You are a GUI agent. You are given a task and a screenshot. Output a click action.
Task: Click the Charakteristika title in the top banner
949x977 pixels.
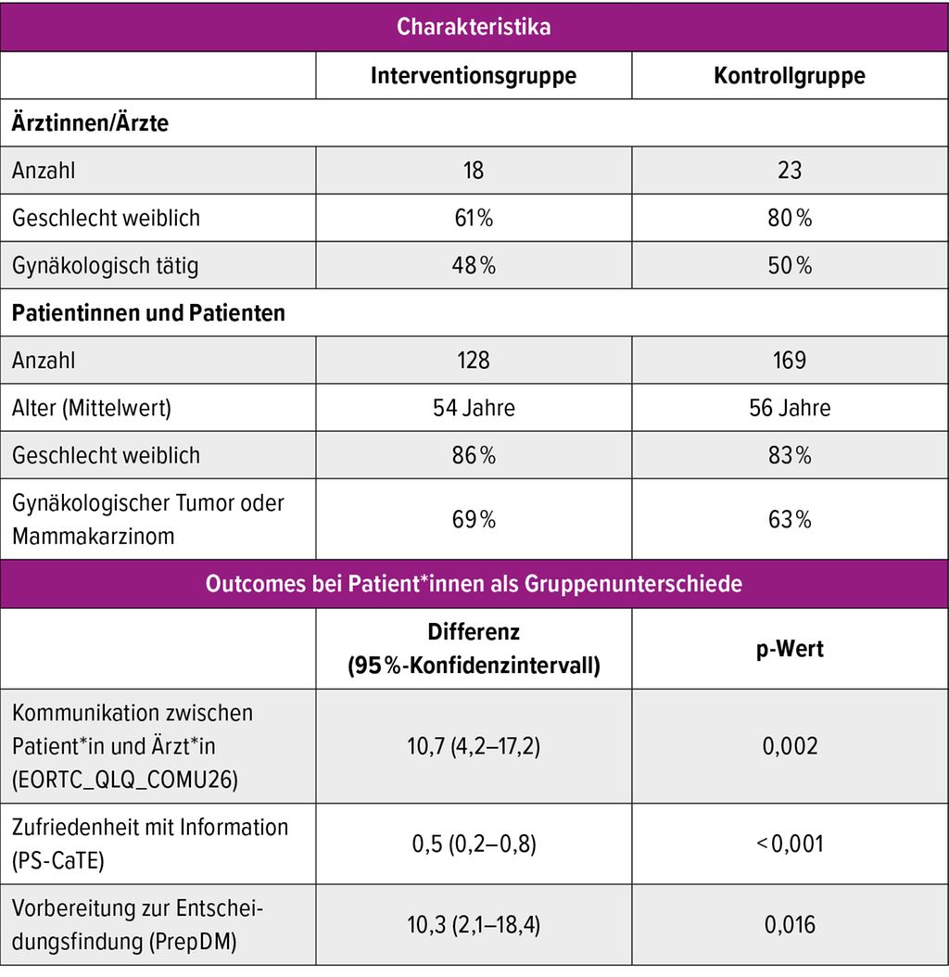click(x=474, y=27)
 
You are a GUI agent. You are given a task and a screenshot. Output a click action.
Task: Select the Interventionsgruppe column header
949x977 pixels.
click(x=474, y=75)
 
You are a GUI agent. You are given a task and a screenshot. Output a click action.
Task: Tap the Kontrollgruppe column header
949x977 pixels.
click(x=790, y=75)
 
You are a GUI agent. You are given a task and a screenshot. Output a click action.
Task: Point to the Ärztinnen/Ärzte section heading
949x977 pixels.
click(x=90, y=122)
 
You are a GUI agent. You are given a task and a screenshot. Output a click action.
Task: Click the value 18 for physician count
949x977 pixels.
click(x=474, y=171)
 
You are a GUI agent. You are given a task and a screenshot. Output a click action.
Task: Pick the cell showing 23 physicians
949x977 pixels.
click(x=790, y=171)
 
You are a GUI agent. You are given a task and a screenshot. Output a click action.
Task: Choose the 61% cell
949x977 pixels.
click(x=474, y=218)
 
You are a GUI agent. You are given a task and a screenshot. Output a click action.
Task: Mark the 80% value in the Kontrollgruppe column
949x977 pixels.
click(x=790, y=218)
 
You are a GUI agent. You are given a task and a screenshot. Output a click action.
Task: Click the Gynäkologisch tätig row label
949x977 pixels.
click(x=106, y=266)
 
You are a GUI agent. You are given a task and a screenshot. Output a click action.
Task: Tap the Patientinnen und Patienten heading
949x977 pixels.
click(x=148, y=312)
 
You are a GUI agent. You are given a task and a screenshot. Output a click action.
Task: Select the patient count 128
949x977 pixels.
click(x=474, y=361)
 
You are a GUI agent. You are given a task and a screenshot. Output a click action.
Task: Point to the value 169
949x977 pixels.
click(x=790, y=361)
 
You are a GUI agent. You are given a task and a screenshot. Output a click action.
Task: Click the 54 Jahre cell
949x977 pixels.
click(x=474, y=408)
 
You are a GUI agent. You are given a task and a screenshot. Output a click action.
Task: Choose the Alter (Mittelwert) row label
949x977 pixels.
click(x=92, y=408)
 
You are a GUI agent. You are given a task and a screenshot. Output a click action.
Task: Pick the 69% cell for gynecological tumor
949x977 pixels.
click(x=474, y=520)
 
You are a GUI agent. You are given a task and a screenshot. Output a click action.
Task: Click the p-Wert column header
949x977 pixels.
click(x=790, y=649)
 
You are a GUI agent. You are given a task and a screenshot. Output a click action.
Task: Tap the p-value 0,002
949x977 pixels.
click(x=790, y=746)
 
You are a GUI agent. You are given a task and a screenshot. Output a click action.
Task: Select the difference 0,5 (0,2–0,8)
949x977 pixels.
click(x=474, y=844)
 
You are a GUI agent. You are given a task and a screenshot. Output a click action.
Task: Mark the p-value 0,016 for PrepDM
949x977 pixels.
click(x=790, y=925)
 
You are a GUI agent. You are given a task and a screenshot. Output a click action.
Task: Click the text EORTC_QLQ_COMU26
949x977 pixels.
click(x=124, y=780)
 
